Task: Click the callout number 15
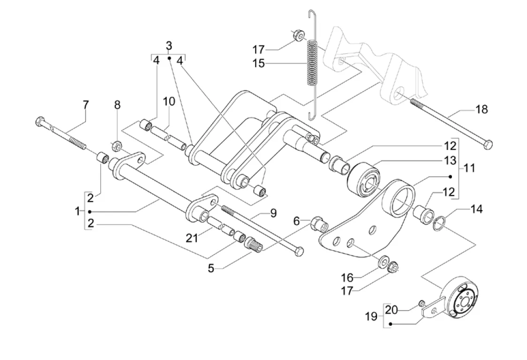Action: [x=259, y=63]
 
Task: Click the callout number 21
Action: [x=192, y=238]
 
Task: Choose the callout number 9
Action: [x=273, y=213]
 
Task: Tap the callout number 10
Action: [x=169, y=101]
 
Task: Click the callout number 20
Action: [x=392, y=309]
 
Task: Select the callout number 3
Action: [x=169, y=46]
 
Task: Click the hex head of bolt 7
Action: [x=40, y=121]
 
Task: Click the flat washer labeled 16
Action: [x=382, y=260]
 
